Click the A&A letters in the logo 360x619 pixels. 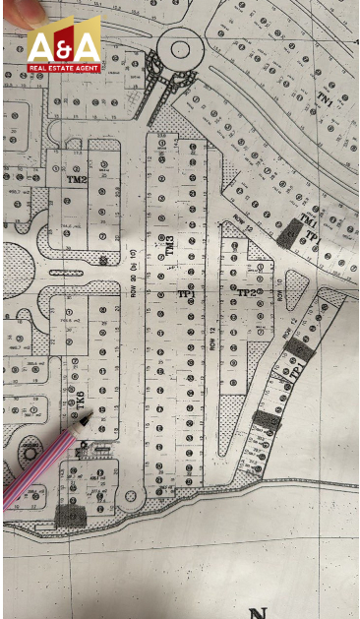click(63, 46)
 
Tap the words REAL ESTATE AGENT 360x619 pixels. click(63, 67)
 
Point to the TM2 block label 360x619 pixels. click(77, 179)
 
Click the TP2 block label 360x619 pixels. click(246, 293)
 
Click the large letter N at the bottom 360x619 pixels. click(259, 613)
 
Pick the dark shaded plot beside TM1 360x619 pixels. click(289, 235)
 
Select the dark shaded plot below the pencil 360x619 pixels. click(72, 514)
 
